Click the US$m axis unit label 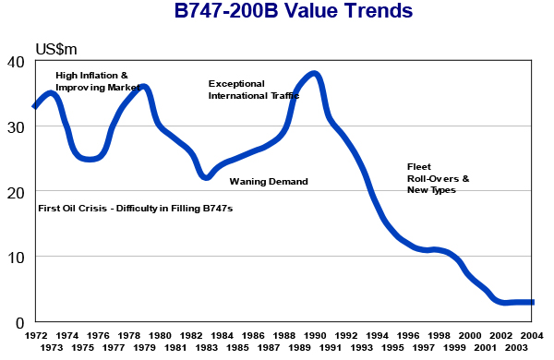57,48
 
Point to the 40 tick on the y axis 16,62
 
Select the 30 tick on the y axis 16,126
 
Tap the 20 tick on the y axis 16,192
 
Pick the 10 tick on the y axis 16,257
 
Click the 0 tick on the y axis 20,322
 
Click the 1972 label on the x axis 36,336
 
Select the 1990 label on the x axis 315,336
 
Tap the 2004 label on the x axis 533,336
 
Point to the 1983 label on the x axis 207,347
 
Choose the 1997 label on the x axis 424,347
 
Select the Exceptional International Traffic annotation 253,89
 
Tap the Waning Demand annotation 269,182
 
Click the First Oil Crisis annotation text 135,210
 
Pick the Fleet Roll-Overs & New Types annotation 439,178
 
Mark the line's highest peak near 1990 314,74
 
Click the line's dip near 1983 207,176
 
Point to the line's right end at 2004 533,302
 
